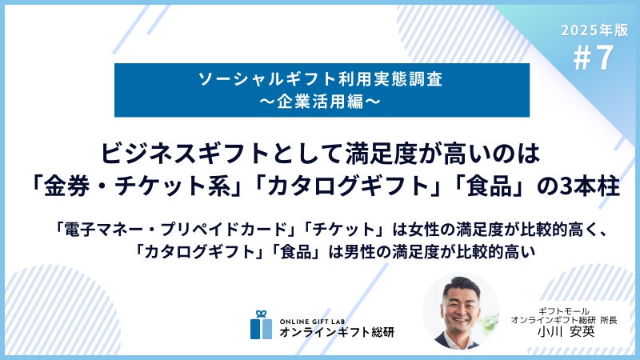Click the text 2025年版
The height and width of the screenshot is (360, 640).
coord(594,30)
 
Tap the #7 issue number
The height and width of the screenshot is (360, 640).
coord(594,58)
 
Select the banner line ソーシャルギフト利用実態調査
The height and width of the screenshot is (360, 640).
coord(321,78)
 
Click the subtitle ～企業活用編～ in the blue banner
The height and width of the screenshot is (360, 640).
coord(321,102)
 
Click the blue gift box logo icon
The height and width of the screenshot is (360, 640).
coord(262,325)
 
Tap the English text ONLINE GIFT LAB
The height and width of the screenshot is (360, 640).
coord(312,322)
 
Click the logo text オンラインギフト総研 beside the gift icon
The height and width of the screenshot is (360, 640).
coord(337,332)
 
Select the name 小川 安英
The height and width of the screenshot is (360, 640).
coord(566,331)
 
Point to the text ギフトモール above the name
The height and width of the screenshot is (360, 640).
coord(564,311)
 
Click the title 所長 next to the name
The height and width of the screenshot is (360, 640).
coord(609,321)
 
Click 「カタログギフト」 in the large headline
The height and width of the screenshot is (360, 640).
coord(346,186)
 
